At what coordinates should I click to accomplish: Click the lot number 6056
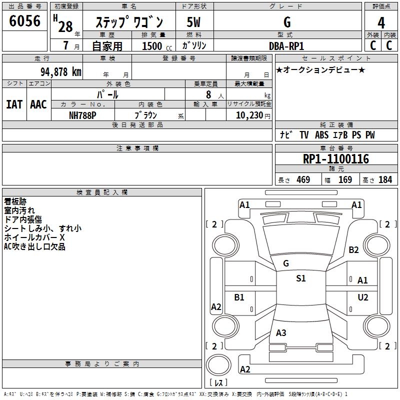(25, 22)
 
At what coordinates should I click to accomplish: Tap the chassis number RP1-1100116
(336, 159)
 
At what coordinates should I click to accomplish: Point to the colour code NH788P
(82, 115)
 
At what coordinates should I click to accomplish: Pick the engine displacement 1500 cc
(152, 46)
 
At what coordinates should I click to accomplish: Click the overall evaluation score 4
(381, 22)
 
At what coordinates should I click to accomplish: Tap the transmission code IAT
(14, 104)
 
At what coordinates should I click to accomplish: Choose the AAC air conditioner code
(38, 104)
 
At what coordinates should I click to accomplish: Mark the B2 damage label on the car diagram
(354, 250)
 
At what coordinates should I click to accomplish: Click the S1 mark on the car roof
(300, 278)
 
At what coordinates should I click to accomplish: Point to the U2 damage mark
(362, 297)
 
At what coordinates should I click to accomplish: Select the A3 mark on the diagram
(281, 332)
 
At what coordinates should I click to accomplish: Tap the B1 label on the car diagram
(239, 297)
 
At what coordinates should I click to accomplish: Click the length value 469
(303, 180)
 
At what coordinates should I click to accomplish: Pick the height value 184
(385, 180)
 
